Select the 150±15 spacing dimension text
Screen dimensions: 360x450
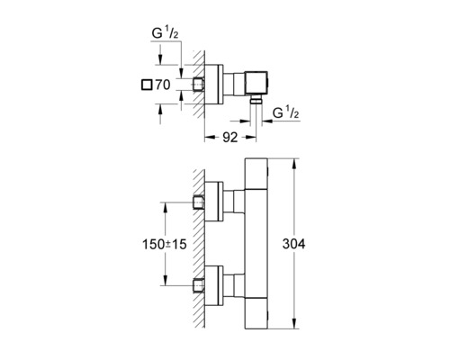tap(167, 245)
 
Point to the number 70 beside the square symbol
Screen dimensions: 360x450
tap(162, 85)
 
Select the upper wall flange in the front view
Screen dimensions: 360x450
tap(216, 201)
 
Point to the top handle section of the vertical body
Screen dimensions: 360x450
tap(257, 172)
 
